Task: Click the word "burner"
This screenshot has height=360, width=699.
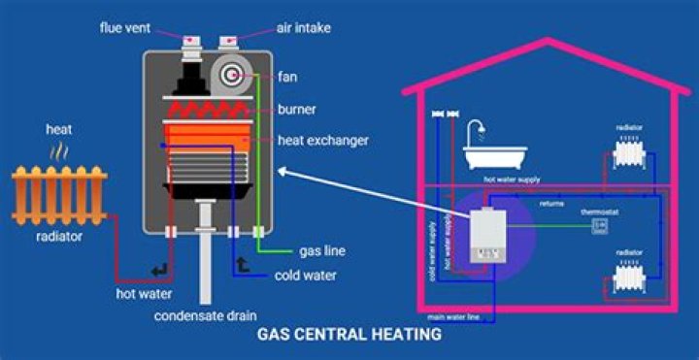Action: tap(296, 109)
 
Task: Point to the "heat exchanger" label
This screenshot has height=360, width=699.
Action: tap(323, 141)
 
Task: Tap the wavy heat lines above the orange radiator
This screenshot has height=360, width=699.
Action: tap(59, 152)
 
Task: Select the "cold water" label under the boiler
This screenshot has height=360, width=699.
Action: tap(305, 276)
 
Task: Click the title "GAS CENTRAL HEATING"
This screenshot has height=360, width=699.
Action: tap(349, 336)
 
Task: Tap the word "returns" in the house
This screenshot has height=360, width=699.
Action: tap(552, 205)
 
